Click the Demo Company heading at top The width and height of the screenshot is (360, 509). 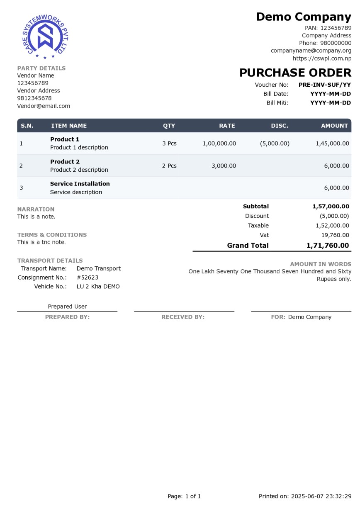coord(304,17)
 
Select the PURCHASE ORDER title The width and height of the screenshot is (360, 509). coord(295,73)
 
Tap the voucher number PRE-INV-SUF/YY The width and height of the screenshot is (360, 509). coord(324,85)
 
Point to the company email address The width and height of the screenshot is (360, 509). coord(311,51)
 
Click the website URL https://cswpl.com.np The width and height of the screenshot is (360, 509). coord(322,58)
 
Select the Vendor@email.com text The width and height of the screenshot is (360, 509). coord(44,106)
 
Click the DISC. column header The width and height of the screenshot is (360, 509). coord(280,126)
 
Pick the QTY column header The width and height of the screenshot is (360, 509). coord(169,126)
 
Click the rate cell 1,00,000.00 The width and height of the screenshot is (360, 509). coord(219,144)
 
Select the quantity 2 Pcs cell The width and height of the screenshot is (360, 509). coord(169,166)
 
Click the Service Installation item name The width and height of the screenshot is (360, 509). coord(80,184)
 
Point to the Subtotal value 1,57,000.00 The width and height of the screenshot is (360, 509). coord(331,206)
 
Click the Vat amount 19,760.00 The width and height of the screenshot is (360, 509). coord(335,235)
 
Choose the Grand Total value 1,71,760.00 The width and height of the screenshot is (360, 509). coord(328,246)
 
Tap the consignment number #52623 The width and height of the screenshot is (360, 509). coord(88,278)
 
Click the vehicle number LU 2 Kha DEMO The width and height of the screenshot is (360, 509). coord(98,287)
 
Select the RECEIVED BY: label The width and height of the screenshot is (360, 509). coord(183,317)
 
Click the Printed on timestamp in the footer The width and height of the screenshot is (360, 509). coord(305,496)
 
